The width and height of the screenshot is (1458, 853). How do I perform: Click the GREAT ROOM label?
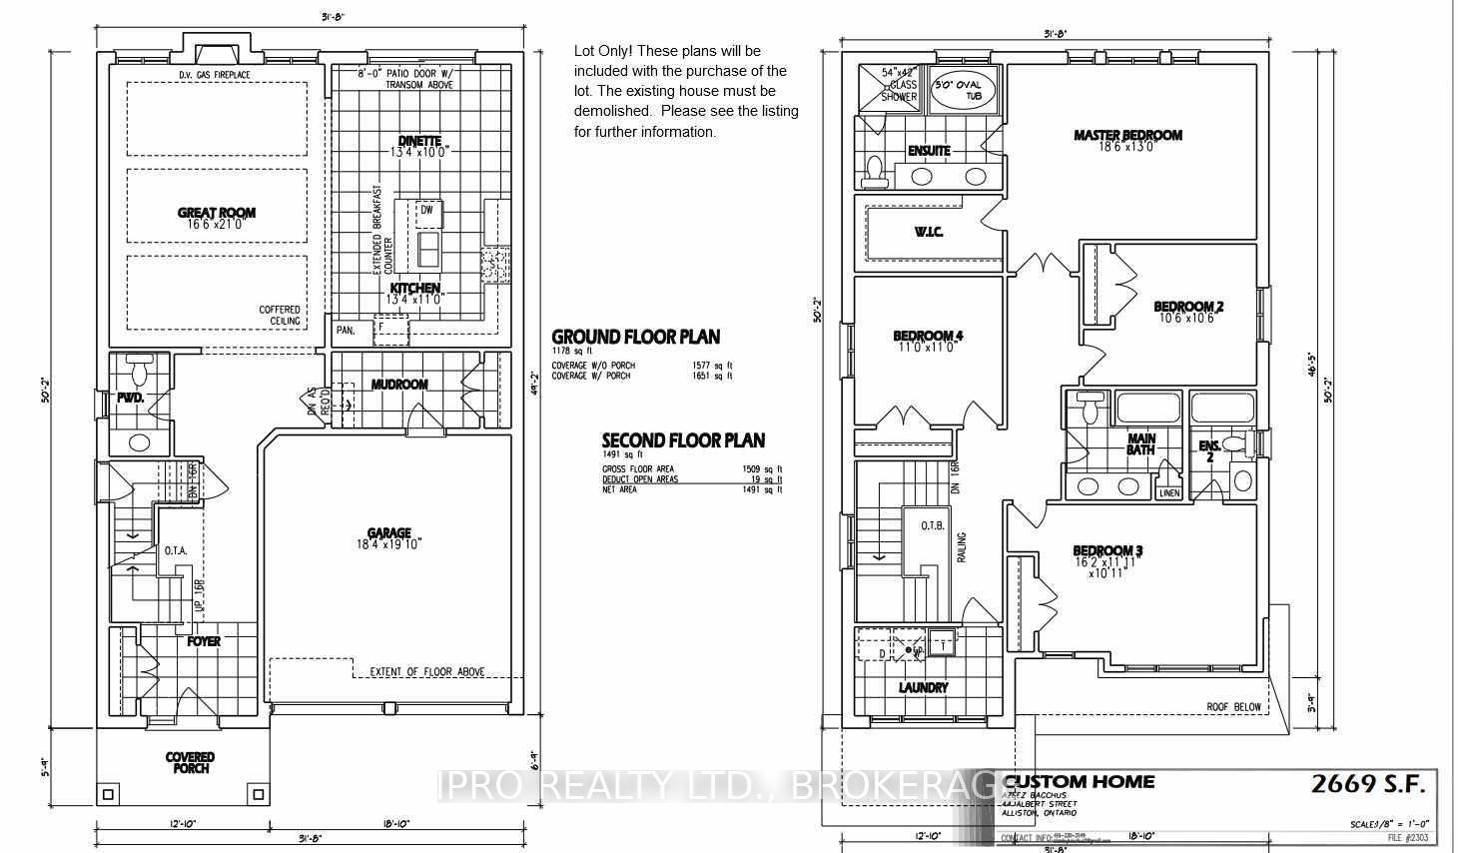pos(217,213)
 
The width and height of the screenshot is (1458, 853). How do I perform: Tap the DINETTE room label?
pos(419,141)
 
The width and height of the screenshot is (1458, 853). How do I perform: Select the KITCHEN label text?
pos(415,288)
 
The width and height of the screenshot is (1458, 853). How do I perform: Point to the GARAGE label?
pos(388,533)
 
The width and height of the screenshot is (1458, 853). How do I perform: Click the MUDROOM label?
pos(399,385)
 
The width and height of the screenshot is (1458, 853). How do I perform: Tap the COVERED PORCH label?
pos(190,763)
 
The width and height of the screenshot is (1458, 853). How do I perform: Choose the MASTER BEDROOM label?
pos(1127,135)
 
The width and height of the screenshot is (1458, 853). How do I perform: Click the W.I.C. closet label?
pos(929,232)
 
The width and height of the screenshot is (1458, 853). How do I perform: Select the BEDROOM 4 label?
pos(928,336)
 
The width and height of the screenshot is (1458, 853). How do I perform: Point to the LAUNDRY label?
pos(923,687)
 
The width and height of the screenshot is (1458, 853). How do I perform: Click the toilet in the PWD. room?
pos(140,372)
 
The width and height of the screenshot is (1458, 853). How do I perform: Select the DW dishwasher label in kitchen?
pos(426,211)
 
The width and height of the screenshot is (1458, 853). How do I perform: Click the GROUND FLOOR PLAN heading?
pos(635,337)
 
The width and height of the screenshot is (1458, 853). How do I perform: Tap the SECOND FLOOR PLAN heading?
pos(683,440)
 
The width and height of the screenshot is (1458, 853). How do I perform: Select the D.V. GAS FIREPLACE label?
pos(215,75)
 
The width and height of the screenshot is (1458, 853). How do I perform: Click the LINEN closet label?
pos(1168,492)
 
